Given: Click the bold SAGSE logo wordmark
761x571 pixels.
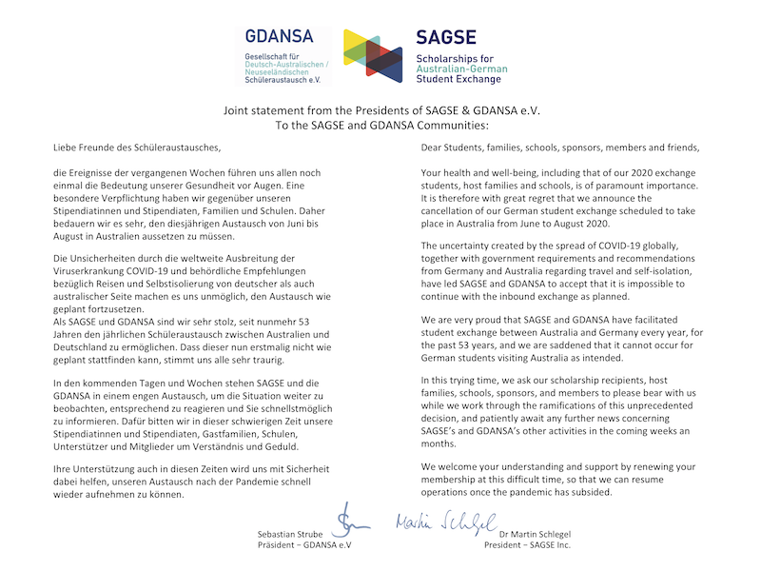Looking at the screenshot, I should (x=449, y=39).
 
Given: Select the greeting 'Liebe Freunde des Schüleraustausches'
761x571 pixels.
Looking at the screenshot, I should (x=136, y=148).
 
